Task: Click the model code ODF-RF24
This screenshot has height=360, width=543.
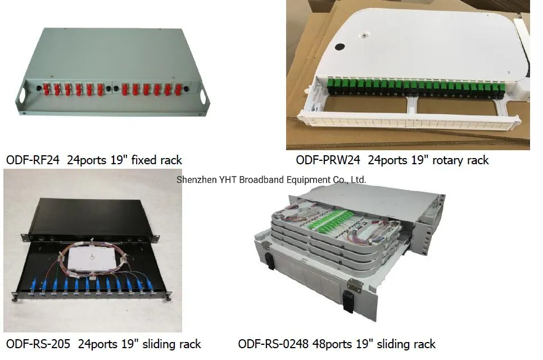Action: [33, 160]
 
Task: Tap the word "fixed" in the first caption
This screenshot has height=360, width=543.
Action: [143, 160]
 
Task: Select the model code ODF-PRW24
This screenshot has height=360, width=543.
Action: [329, 160]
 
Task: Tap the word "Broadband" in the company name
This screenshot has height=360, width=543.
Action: [266, 180]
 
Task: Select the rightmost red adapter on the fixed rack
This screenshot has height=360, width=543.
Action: [178, 89]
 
